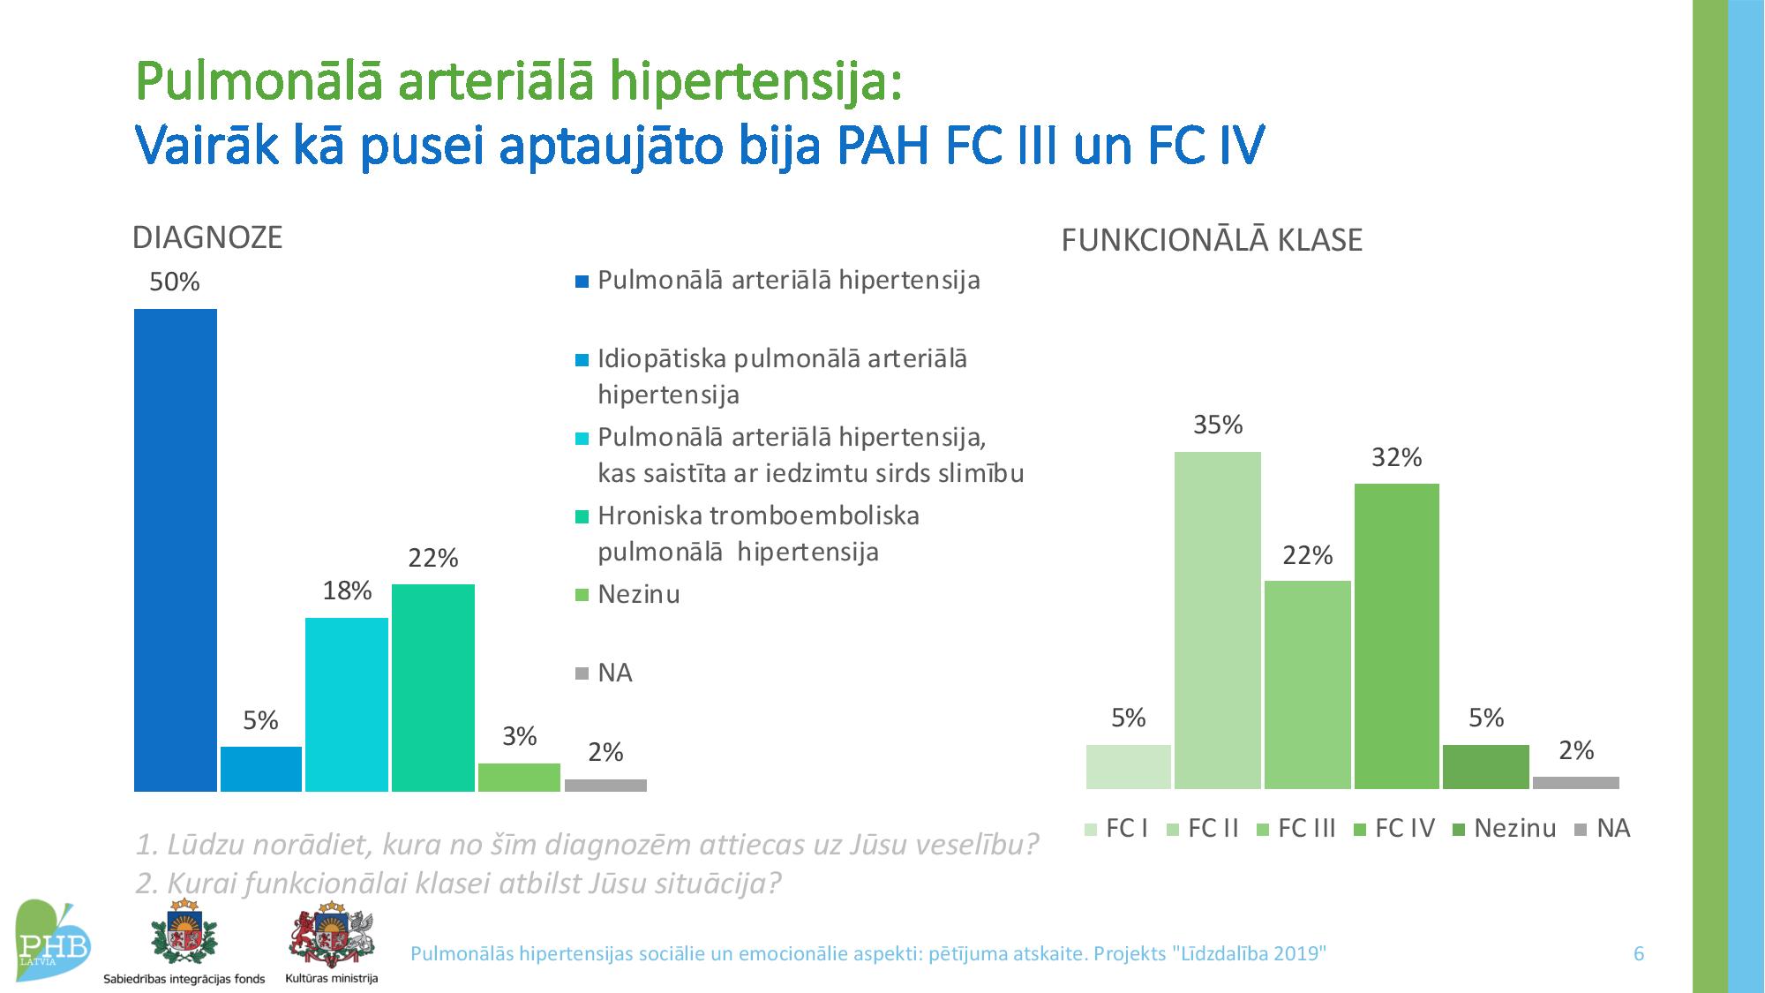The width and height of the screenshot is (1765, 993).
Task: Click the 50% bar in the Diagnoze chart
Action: (x=176, y=550)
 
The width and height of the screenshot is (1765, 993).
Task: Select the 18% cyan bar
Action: (x=347, y=704)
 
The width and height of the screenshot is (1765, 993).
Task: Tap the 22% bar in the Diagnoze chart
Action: (x=433, y=688)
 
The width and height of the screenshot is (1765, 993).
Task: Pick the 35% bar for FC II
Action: (x=1218, y=621)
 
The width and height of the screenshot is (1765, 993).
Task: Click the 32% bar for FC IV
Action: (x=1397, y=636)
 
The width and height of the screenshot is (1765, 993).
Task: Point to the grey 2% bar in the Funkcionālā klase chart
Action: (x=1576, y=783)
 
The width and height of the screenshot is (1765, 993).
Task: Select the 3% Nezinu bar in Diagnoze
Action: (x=519, y=778)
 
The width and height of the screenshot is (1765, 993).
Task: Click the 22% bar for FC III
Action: (x=1308, y=685)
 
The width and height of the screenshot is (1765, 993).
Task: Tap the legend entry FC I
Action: (x=1116, y=829)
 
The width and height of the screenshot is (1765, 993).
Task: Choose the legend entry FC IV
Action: (x=1394, y=829)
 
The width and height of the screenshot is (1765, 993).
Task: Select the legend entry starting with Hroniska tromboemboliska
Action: (x=747, y=533)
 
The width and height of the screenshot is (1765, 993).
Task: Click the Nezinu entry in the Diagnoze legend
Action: (x=627, y=595)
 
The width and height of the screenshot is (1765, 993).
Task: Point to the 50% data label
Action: (x=175, y=282)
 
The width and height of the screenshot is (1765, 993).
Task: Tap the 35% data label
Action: (x=1218, y=425)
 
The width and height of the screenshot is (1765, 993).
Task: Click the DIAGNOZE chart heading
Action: (x=207, y=237)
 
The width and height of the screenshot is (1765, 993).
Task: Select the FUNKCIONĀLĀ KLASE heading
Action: (x=1212, y=240)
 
